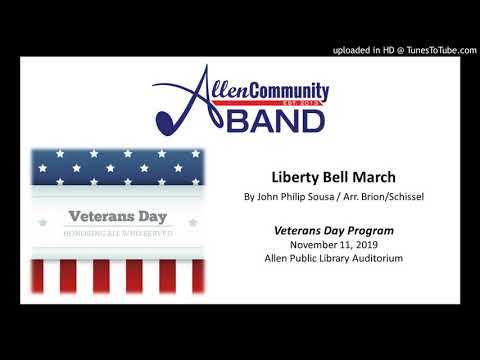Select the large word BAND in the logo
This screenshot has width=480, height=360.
pos(279,120)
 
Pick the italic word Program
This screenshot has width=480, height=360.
pos(368,230)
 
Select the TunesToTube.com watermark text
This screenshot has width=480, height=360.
pos(434,49)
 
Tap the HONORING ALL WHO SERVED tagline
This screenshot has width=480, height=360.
pos(118,233)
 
